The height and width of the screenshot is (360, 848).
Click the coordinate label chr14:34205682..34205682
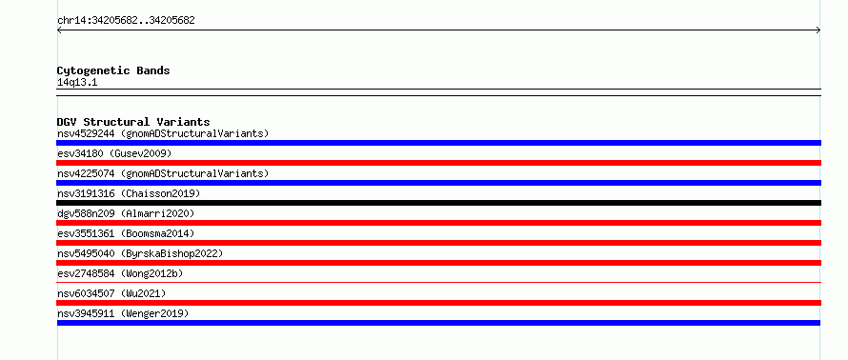[x=126, y=21]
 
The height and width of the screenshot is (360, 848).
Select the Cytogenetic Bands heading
[x=113, y=70]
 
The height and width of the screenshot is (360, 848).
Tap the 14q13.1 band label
[x=77, y=83]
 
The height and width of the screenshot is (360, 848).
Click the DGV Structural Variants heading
[x=133, y=122]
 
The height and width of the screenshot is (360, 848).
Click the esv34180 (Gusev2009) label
[x=114, y=153]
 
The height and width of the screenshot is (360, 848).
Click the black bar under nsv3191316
[x=438, y=203]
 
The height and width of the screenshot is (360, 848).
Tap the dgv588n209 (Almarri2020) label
[x=126, y=213]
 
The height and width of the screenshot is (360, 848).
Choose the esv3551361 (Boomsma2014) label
[x=126, y=233]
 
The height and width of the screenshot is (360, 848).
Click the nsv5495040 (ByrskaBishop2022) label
[x=140, y=253]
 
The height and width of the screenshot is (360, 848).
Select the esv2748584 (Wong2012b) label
[x=120, y=273]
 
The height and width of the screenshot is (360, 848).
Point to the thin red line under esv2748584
[x=438, y=282]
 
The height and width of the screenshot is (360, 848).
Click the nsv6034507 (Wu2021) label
[x=111, y=293]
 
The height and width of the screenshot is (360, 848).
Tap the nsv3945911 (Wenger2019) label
[x=123, y=313]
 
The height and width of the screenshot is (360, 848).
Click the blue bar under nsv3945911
[x=438, y=323]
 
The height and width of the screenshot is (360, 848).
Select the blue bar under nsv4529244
[x=438, y=143]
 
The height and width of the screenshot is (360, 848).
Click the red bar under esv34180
[x=438, y=163]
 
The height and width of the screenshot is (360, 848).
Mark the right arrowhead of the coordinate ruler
[x=819, y=30]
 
